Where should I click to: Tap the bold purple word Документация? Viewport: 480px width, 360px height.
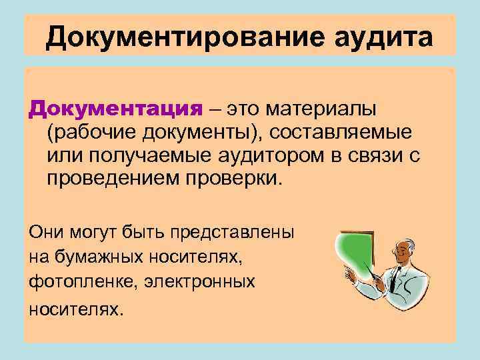click(115, 109)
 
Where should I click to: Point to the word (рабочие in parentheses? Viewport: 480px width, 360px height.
click(91, 133)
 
